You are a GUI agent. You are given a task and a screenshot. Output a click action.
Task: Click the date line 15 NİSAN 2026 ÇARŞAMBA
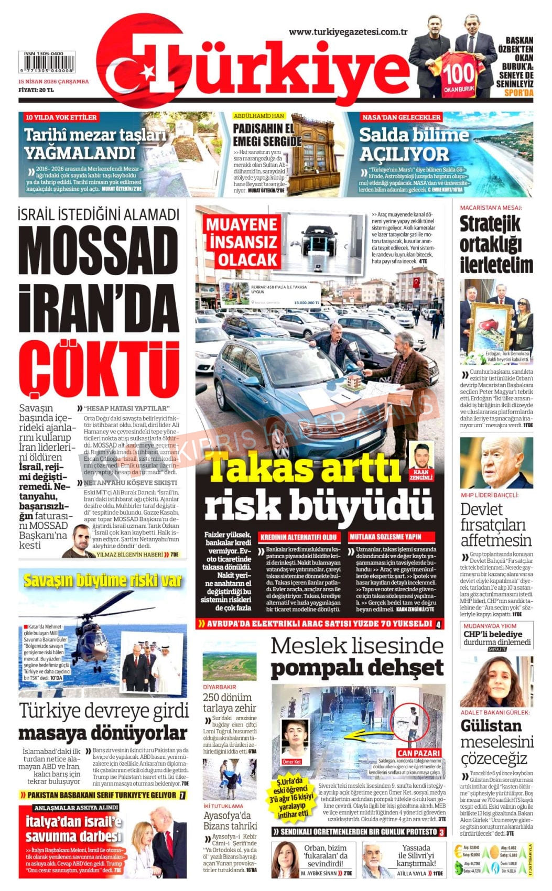[x=53, y=82]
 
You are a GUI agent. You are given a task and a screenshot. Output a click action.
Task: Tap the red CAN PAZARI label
[x=418, y=753]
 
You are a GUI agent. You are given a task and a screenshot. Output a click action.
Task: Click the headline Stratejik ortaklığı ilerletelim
[x=496, y=244]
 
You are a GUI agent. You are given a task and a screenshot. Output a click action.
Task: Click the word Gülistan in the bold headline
[x=491, y=726]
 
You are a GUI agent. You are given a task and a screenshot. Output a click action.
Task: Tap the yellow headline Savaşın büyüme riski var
[x=103, y=580]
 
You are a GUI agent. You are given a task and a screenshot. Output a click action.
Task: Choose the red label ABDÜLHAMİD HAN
[x=259, y=116]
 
